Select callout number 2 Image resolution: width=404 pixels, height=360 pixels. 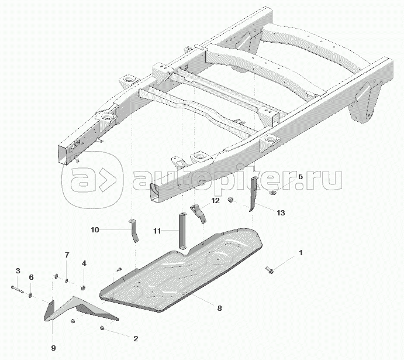point(136,338)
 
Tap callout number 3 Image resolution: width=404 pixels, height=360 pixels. point(18,271)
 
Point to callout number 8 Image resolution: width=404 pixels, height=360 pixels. point(219,308)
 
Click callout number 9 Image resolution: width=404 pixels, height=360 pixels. point(53,348)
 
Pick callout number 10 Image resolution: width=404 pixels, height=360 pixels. point(95,230)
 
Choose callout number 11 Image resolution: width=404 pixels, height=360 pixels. point(157,231)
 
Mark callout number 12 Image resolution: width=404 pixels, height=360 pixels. point(215,200)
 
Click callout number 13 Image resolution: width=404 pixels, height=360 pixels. point(281,212)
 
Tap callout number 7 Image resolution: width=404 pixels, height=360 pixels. point(67,255)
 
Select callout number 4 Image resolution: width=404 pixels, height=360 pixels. point(84,263)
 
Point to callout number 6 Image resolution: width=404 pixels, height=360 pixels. point(31,277)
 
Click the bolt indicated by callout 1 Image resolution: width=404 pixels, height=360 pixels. point(270,270)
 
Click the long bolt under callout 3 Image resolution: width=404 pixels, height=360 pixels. point(18,289)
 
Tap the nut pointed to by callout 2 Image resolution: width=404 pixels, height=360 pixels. point(102,328)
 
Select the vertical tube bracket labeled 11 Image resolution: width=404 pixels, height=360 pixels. point(182,231)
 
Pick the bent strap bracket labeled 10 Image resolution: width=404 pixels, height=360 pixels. point(134,231)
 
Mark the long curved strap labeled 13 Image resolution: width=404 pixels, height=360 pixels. point(253,194)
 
